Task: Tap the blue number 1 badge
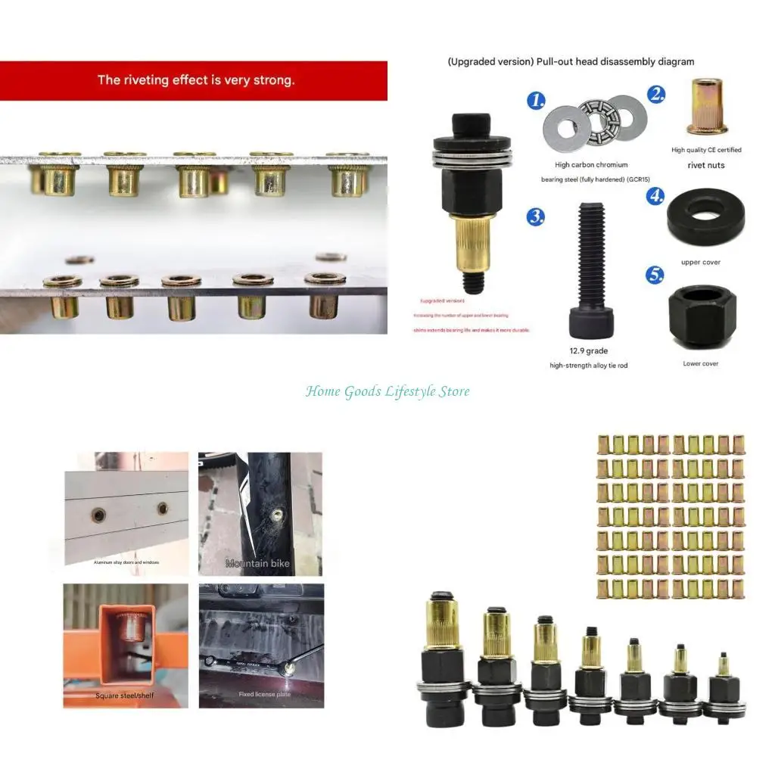tap(536, 100)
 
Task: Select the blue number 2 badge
tap(656, 95)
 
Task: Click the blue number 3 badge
tap(536, 216)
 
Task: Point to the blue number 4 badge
tap(655, 195)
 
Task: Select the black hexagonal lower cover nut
tap(702, 316)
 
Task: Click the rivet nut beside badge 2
tap(706, 109)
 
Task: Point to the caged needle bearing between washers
tap(595, 120)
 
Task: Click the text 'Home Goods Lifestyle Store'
tap(387, 391)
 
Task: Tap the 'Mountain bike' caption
tap(257, 564)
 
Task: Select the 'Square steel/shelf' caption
tap(124, 696)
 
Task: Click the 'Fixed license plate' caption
tap(264, 694)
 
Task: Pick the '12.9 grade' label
tap(589, 350)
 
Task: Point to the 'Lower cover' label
tap(700, 364)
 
